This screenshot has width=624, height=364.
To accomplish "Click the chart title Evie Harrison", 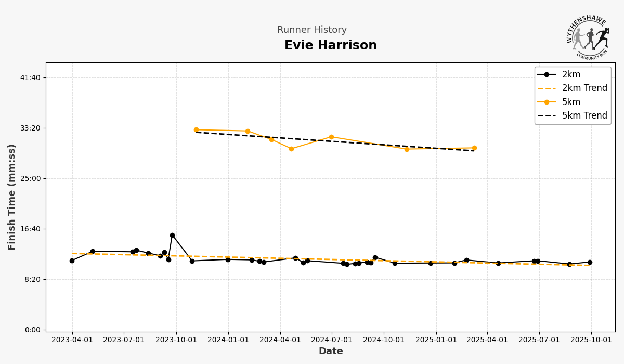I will [x=330, y=46].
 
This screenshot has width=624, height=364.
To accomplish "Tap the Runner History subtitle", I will [x=311, y=30].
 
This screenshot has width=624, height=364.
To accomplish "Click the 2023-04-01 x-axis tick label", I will [x=72, y=340].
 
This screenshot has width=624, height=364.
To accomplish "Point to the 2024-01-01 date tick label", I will [x=228, y=340].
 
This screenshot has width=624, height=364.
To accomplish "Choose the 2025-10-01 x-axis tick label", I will [x=591, y=340].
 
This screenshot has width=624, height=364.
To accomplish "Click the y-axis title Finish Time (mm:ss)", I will [x=12, y=197].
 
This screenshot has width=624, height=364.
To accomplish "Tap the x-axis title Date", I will [x=331, y=352].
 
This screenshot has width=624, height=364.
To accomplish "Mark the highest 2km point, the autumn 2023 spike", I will [x=172, y=236].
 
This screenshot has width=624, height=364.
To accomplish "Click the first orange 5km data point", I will [x=196, y=130].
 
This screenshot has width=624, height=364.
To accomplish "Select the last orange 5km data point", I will [x=474, y=148].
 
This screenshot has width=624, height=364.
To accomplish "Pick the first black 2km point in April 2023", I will [x=72, y=261].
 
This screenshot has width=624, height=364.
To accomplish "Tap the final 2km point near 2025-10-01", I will [x=590, y=263].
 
